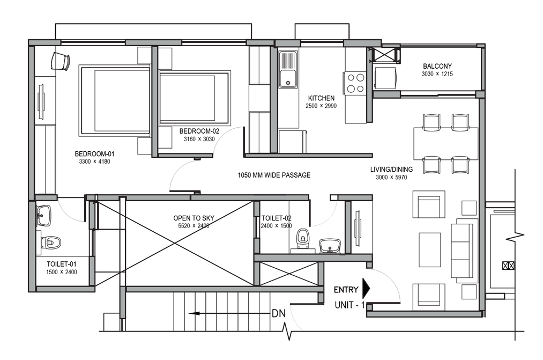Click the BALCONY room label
point(437,66)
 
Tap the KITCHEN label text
point(321,98)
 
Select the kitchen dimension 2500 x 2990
point(321,106)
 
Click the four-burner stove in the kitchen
point(355,83)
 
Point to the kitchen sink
point(288,69)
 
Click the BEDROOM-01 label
point(94,154)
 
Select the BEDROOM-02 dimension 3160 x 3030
point(199,139)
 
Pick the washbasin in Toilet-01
point(43,215)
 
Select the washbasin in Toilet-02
point(330,246)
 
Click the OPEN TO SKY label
point(194,218)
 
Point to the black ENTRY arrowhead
point(366,288)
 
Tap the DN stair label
point(279,313)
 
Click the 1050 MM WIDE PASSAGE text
point(274,175)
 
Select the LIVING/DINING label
point(391,170)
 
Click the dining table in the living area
point(446,143)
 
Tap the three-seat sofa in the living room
point(462,248)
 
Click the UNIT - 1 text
point(350,305)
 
